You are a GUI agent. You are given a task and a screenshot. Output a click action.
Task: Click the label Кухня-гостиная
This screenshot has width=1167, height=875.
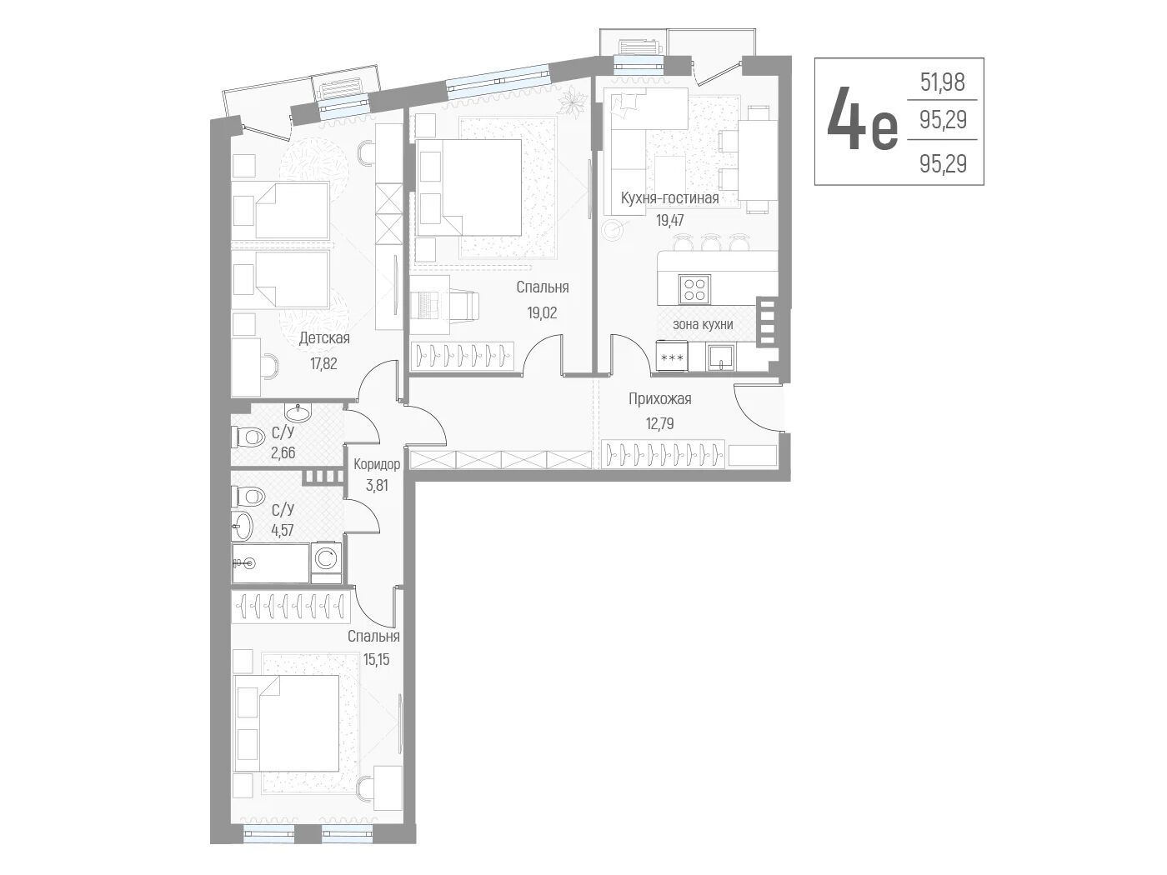[669, 198]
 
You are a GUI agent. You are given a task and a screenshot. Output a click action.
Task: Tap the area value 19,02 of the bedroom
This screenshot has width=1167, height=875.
[542, 313]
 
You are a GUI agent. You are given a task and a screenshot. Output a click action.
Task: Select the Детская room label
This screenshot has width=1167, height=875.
[324, 338]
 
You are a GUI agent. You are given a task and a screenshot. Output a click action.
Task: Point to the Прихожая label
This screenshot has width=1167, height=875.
[660, 399]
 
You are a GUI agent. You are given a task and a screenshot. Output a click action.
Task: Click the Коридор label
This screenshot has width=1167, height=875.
[377, 464]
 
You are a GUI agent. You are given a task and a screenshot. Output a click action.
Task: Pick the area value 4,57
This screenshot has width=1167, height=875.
[283, 530]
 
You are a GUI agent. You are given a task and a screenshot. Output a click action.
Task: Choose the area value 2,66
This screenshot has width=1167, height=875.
[283, 452]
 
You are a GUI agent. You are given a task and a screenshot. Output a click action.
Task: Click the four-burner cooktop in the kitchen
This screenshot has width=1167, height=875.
[694, 289]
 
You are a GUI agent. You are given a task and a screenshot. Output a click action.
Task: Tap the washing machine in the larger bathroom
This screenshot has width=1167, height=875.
[325, 558]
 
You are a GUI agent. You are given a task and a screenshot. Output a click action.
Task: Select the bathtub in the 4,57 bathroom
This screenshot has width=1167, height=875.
[271, 563]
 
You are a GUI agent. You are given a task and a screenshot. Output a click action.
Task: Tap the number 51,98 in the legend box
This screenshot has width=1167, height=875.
[943, 82]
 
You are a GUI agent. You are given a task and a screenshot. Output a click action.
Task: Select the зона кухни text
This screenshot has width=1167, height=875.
[703, 324]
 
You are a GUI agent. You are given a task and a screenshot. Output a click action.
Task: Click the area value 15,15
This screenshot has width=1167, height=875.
[377, 660]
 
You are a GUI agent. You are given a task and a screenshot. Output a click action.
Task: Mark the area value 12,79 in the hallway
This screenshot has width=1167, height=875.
[660, 424]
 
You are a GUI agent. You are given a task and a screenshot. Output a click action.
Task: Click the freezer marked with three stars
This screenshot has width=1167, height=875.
[672, 357]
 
